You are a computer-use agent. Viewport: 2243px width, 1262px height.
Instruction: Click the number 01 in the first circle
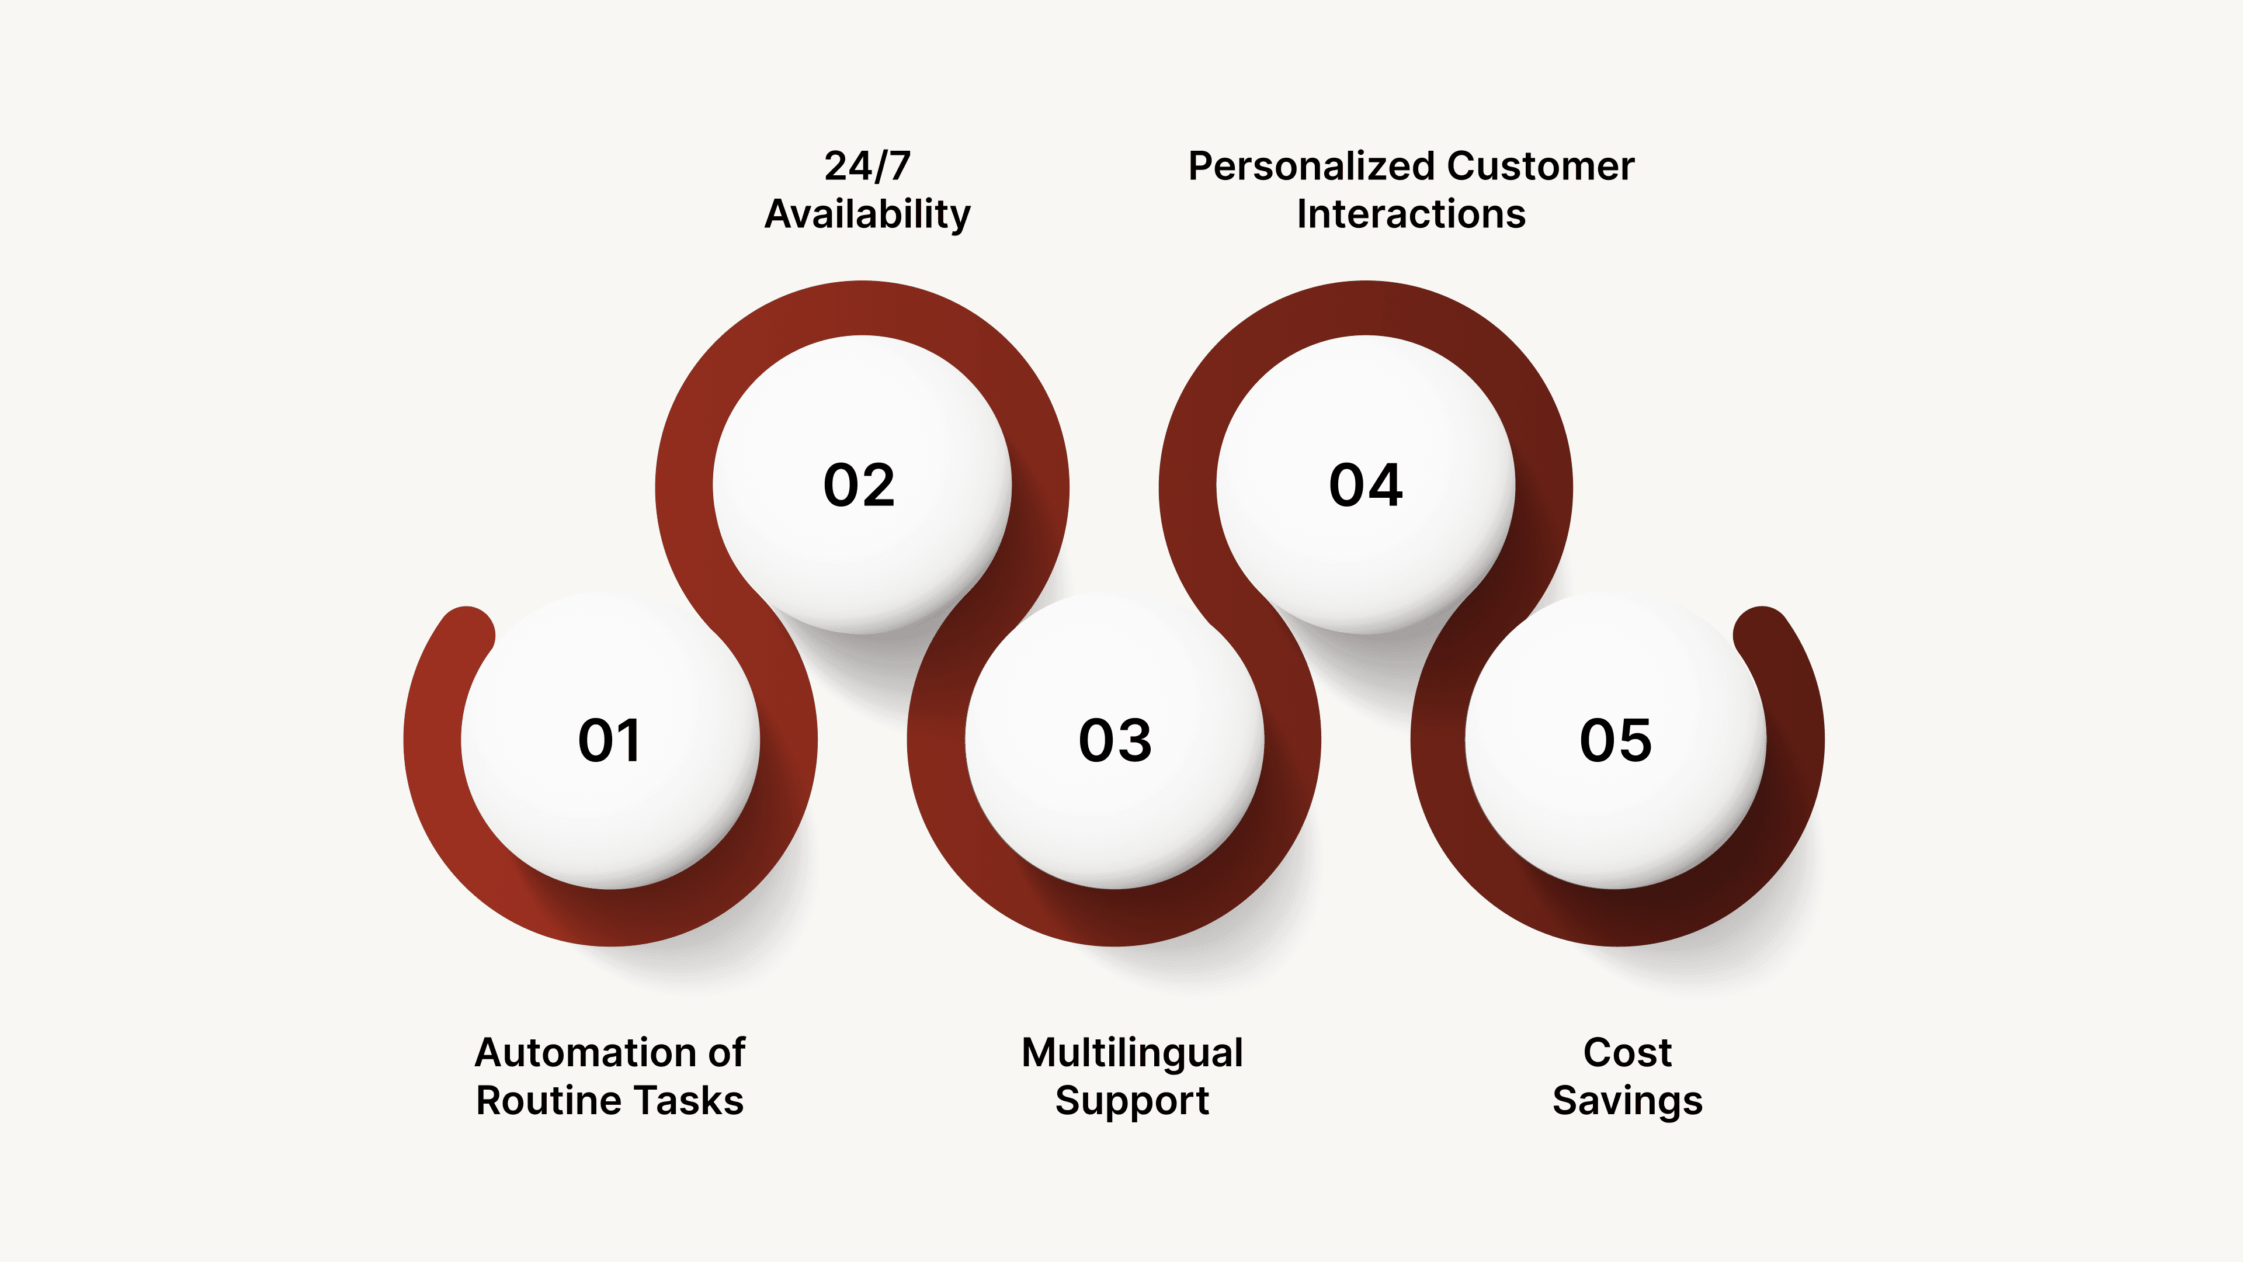[x=609, y=741]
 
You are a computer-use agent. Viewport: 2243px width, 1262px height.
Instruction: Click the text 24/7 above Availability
[x=867, y=167]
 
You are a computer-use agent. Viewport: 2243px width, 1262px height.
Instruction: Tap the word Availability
[x=867, y=214]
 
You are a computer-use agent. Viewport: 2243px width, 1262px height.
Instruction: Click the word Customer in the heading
[x=1541, y=167]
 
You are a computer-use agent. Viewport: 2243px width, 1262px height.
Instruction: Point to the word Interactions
[x=1411, y=214]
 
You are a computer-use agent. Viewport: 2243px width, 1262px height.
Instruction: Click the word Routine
[x=537, y=1101]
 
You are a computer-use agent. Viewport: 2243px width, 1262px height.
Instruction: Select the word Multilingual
[x=1132, y=1053]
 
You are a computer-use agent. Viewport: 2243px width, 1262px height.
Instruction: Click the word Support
[x=1132, y=1101]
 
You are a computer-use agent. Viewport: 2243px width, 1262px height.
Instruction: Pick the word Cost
[x=1627, y=1053]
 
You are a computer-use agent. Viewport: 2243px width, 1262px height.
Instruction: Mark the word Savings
[x=1627, y=1101]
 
